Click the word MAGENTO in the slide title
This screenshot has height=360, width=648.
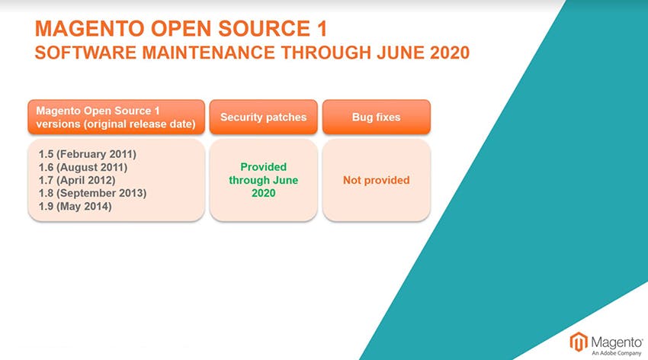click(89, 28)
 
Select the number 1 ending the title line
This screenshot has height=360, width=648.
click(322, 28)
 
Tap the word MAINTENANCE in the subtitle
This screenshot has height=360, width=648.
click(208, 53)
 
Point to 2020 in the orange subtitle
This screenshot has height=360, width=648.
click(450, 53)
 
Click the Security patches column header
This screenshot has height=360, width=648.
click(263, 117)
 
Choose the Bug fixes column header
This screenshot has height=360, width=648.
click(376, 117)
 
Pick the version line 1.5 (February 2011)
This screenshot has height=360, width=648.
click(87, 154)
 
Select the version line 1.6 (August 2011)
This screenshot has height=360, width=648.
click(82, 167)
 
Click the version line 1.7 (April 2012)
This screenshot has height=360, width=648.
click(77, 180)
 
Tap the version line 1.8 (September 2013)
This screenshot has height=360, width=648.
click(92, 193)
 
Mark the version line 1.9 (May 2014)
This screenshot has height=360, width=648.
click(75, 206)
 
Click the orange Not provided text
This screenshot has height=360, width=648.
click(376, 180)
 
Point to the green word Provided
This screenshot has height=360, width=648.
click(263, 167)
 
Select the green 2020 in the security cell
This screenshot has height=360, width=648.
click(263, 193)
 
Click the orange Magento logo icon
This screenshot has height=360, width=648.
click(579, 342)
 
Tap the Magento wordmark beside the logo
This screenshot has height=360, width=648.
click(617, 342)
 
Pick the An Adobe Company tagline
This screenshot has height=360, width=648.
click(616, 353)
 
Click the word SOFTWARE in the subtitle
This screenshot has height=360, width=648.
click(85, 53)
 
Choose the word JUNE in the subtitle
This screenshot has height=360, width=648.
click(400, 53)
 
